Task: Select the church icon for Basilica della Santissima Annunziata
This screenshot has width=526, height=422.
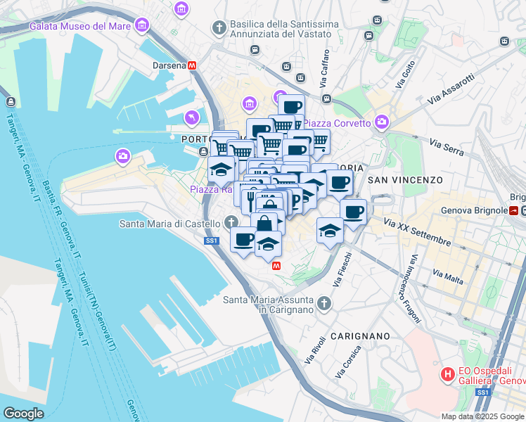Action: point(219,27)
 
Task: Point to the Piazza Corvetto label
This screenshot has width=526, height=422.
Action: point(337,123)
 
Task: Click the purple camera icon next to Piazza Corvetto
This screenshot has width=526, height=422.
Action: point(381,122)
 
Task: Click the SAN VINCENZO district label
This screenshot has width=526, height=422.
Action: point(404,180)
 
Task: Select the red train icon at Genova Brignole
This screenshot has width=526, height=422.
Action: point(515,210)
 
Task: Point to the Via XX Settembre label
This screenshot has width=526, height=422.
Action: point(417,232)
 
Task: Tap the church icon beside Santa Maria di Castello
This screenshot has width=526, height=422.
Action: point(233,224)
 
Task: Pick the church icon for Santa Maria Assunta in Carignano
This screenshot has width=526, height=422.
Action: point(323,304)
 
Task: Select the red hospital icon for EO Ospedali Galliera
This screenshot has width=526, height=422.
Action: point(446,374)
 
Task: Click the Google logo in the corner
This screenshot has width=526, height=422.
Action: point(23,413)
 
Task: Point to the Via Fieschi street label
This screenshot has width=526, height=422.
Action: point(342,269)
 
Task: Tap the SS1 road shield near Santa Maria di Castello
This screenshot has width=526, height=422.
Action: point(212,241)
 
